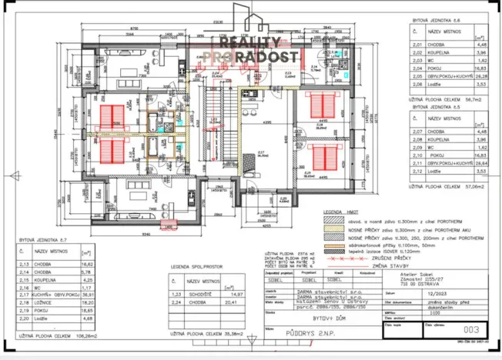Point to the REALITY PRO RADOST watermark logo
coord(251,48)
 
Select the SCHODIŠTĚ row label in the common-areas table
coord(195,295)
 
